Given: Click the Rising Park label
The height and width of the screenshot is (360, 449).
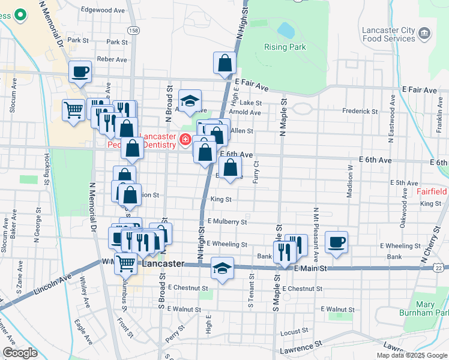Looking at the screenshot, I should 285,47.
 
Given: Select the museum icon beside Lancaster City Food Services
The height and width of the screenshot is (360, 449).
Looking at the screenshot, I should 425,32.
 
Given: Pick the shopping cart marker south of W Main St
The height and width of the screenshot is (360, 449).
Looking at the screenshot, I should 125,264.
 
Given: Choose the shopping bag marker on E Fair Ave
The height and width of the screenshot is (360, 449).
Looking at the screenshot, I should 224,64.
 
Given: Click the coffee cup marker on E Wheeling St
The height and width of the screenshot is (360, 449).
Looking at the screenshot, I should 336,242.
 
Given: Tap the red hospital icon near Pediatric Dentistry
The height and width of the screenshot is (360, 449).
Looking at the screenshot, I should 185,140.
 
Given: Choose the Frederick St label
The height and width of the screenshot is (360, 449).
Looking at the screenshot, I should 358,111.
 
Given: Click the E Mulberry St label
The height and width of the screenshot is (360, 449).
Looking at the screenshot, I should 227,221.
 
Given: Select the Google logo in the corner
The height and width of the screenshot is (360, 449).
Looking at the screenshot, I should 20,353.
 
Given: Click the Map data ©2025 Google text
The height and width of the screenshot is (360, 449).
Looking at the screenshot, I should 412,355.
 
